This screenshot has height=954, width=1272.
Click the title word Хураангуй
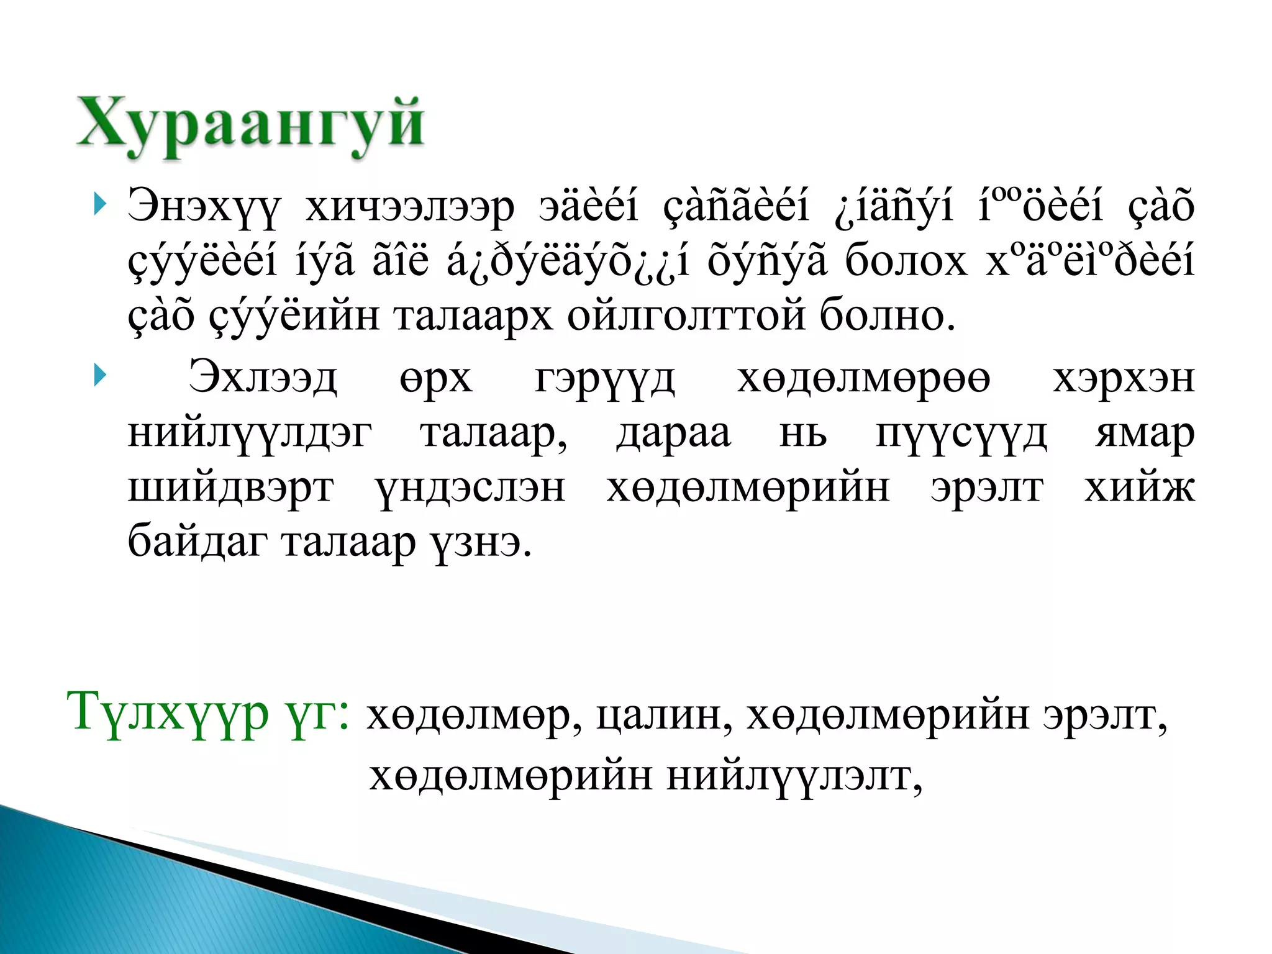tap(250, 124)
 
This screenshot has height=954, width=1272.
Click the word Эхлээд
tap(263, 378)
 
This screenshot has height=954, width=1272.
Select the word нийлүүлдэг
tap(250, 434)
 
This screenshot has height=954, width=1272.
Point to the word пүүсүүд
tap(961, 434)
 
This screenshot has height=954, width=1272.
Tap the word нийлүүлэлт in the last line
tap(794, 776)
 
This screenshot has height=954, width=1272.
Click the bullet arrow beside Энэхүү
tap(99, 204)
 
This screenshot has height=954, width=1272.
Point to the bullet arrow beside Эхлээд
tap(99, 376)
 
